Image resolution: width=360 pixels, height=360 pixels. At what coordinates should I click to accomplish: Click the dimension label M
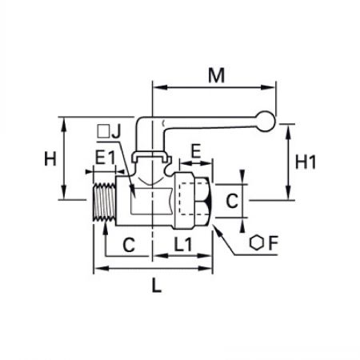[216, 75]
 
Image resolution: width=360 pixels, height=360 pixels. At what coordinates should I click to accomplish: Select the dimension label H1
[306, 162]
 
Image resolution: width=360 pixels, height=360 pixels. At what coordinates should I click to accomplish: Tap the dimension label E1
[105, 158]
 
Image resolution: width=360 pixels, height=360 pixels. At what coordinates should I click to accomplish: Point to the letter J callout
[116, 131]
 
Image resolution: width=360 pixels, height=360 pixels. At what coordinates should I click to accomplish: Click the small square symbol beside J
[103, 131]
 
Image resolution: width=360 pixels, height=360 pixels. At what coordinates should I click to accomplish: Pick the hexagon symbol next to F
[257, 242]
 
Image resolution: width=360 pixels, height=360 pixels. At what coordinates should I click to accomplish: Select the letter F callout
[273, 243]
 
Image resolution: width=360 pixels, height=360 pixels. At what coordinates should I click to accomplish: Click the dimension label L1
[183, 244]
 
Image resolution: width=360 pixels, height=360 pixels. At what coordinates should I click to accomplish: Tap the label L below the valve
[157, 285]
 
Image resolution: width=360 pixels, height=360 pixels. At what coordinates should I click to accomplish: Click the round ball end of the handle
[265, 122]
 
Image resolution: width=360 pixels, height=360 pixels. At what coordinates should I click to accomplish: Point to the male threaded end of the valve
[104, 202]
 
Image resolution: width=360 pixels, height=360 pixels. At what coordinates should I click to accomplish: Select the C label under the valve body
[129, 245]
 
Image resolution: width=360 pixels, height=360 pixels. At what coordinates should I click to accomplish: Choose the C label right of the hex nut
[232, 201]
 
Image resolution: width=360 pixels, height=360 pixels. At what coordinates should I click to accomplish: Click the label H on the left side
[50, 158]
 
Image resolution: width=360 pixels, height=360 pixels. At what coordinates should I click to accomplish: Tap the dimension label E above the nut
[196, 151]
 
